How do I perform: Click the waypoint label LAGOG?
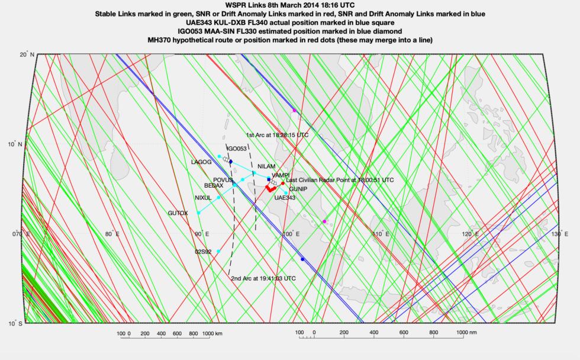coord(201,162)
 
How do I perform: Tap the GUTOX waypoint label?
coord(178,213)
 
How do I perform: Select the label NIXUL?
coord(203,198)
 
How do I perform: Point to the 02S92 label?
coord(204,252)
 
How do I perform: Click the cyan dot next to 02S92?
coord(218,252)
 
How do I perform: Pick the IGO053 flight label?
coord(237,149)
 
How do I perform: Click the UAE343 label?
coord(285,198)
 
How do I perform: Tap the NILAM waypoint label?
coord(267,166)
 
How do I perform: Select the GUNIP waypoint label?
coord(298,189)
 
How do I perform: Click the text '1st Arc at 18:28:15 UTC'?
coord(277,135)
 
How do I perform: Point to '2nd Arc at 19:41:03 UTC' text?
coord(263,278)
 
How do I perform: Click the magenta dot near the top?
coord(294,111)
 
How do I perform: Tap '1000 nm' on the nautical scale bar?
coord(468,334)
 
